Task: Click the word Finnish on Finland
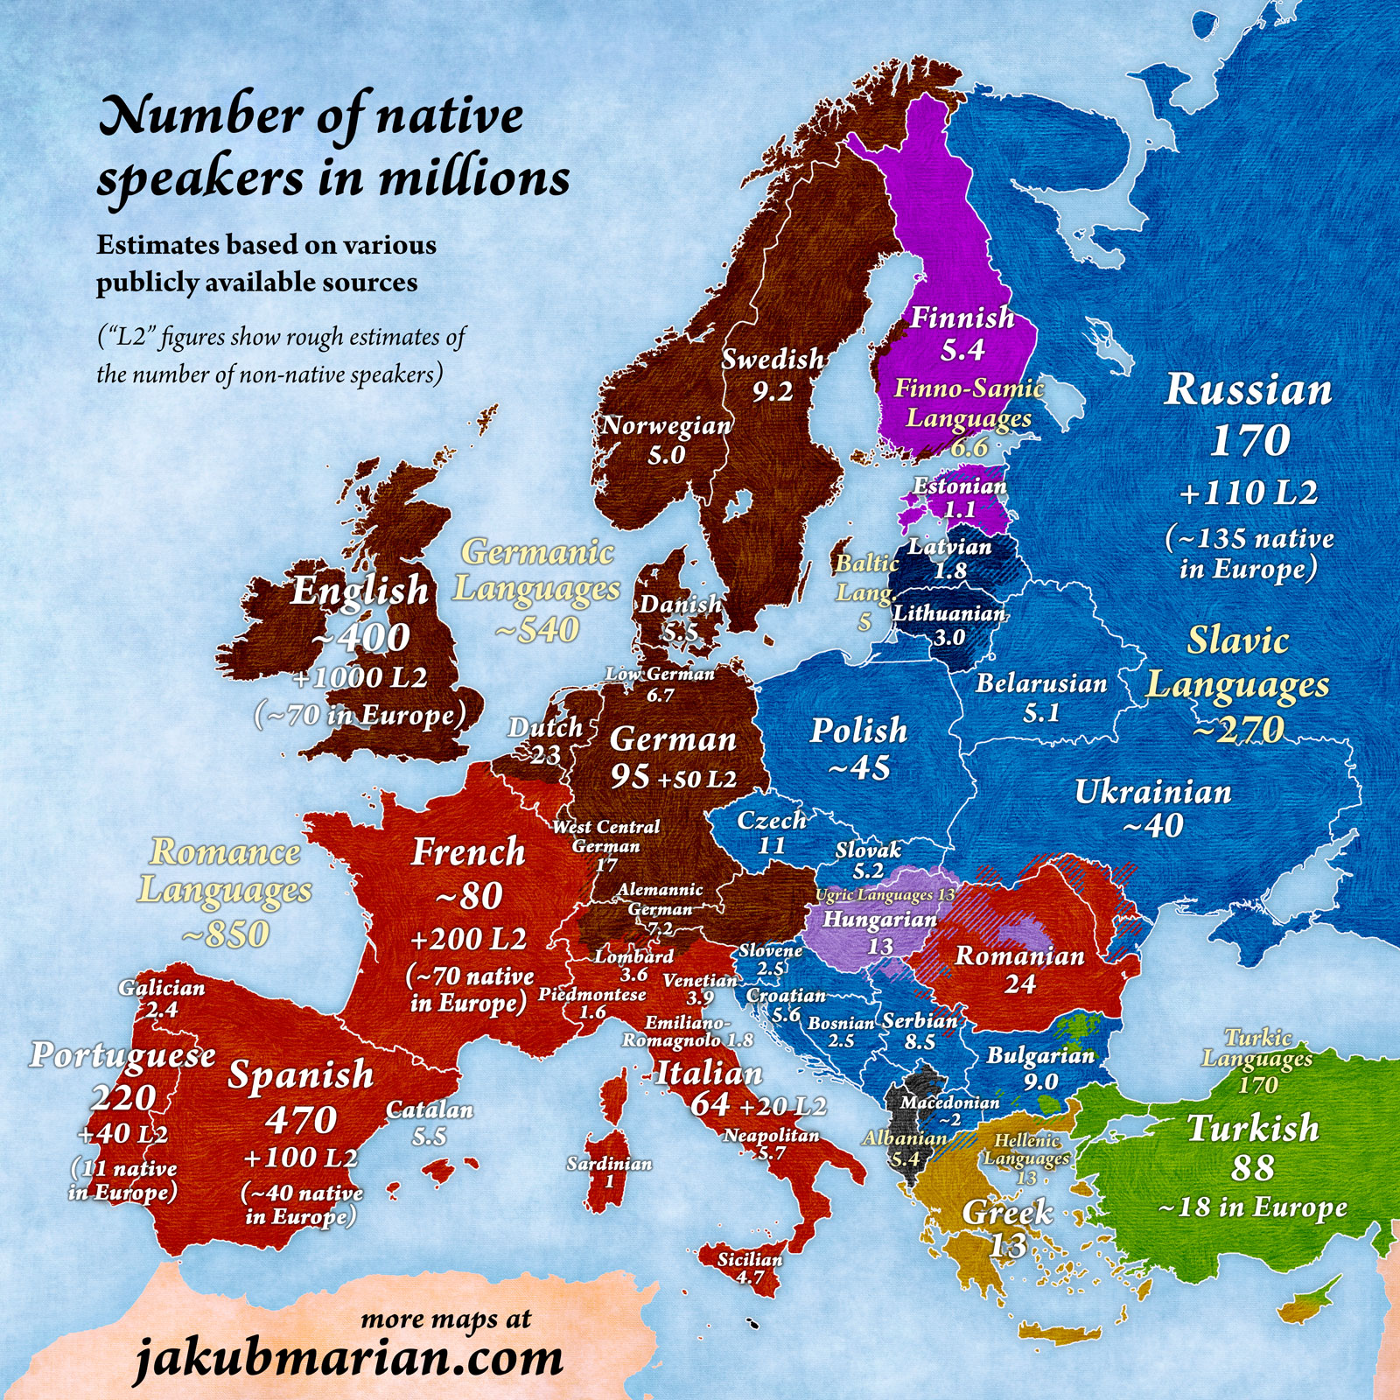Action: [x=962, y=317]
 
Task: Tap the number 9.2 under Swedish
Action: [x=773, y=391]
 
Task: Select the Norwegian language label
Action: [x=666, y=425]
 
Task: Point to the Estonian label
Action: [x=960, y=486]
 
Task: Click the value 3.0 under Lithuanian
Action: [x=948, y=637]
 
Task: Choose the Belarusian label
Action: [x=1041, y=682]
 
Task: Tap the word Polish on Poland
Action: [x=858, y=731]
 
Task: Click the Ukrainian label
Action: [x=1152, y=792]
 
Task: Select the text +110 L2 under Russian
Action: [x=1248, y=493]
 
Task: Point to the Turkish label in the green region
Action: [x=1252, y=1128]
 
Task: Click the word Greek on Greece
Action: [x=1007, y=1213]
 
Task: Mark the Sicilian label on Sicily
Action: [x=750, y=1259]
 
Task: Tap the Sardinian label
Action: [x=609, y=1164]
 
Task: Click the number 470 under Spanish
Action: [x=301, y=1120]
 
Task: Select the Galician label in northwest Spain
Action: [x=162, y=988]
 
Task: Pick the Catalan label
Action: [x=430, y=1110]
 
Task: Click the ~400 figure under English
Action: [x=360, y=636]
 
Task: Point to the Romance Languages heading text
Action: [x=225, y=871]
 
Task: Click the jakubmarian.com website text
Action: [x=349, y=1358]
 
